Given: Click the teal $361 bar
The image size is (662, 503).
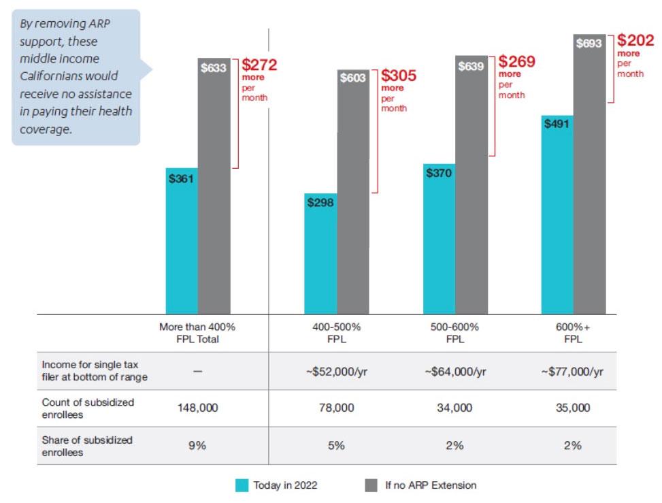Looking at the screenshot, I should coord(182,241).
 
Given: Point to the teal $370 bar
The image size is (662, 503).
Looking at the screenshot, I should coord(439,238).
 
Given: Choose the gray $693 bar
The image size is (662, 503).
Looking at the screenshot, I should coord(589,174).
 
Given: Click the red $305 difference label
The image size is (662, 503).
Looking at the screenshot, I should coord(399,76).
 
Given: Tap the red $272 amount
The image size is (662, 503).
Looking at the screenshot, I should coord(259,65).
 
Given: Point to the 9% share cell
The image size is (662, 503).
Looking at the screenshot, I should coord(197,445).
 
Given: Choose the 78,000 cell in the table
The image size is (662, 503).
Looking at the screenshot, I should coord(336,408).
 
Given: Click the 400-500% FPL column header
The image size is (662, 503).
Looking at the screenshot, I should coord(336,333).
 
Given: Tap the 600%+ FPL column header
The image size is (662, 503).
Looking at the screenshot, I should coord(572,333).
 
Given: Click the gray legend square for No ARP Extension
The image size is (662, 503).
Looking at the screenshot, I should coord(371,485).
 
